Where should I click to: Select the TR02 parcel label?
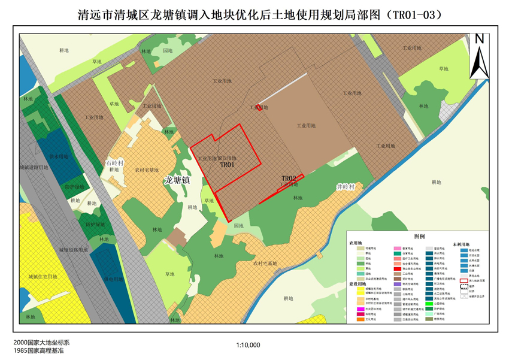coord(289,179)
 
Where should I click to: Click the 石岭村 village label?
coord(114,162)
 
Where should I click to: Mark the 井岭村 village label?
coord(346,187)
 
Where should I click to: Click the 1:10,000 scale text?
coord(249,345)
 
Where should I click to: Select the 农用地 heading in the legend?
coord(356,244)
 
